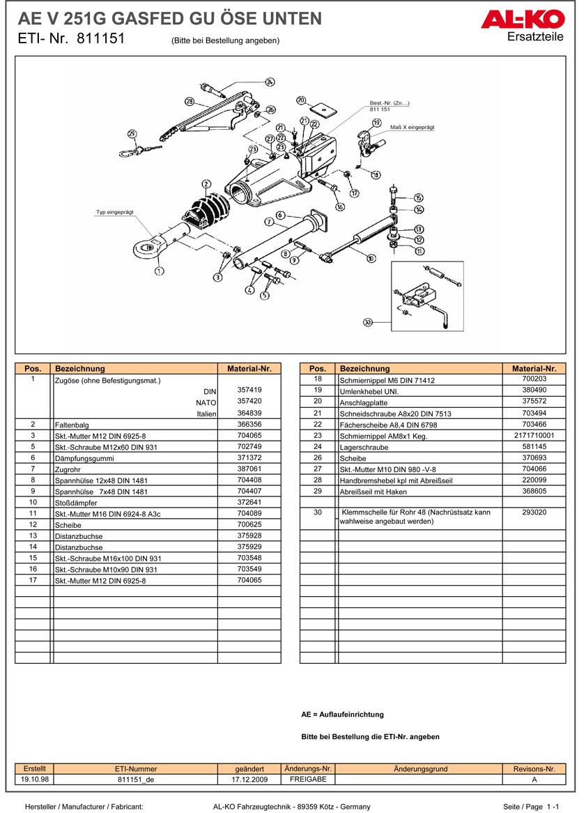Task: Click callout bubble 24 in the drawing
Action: click(270, 82)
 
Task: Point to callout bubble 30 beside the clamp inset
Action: click(368, 322)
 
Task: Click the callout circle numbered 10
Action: click(371, 258)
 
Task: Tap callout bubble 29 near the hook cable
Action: click(132, 134)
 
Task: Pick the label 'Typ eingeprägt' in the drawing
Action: click(114, 211)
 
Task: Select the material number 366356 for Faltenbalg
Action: click(249, 423)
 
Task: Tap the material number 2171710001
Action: click(534, 435)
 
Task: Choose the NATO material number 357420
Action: click(249, 401)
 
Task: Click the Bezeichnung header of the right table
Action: click(364, 368)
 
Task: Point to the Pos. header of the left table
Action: click(33, 368)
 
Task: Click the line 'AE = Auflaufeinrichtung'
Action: click(342, 715)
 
